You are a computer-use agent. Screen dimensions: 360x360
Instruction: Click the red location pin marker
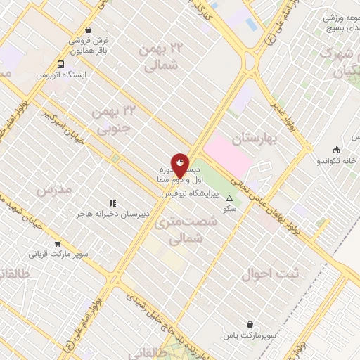(x=180, y=166)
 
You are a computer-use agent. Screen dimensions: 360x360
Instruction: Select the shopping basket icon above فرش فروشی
(x=88, y=30)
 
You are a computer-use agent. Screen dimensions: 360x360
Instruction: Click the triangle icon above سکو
(x=229, y=199)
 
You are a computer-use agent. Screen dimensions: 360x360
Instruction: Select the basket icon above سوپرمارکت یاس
(x=250, y=325)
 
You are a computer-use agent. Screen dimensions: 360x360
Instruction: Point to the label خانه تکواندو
(x=337, y=160)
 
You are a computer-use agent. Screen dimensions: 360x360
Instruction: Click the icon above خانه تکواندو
(x=337, y=149)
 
